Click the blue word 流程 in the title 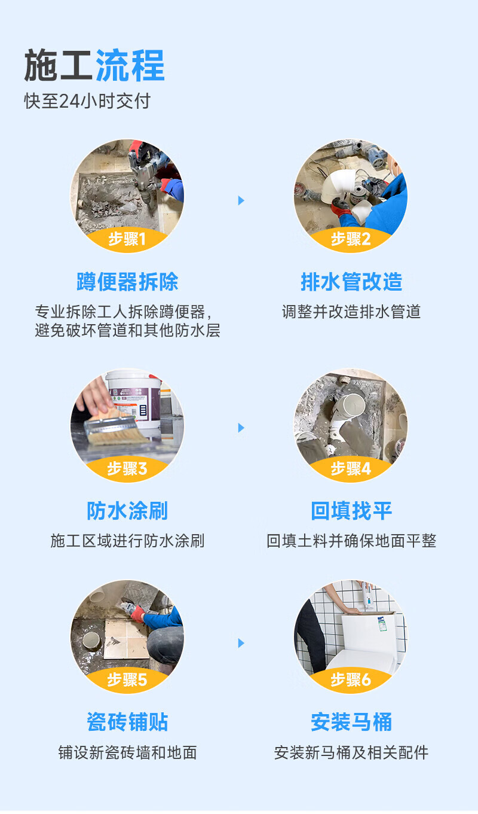tap(130, 66)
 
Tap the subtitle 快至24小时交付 tap(87, 101)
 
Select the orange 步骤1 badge tap(127, 239)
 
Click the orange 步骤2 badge tap(351, 239)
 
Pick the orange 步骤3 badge tap(127, 468)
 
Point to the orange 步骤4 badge tap(351, 468)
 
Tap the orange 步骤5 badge tap(127, 679)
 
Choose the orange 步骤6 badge tap(351, 679)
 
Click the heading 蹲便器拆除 tap(127, 282)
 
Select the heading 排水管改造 tap(351, 282)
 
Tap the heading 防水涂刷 tap(127, 511)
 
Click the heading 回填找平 tap(351, 511)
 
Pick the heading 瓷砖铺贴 tap(127, 722)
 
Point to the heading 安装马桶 tap(351, 722)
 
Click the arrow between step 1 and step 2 tap(241, 200)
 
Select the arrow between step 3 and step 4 tap(241, 428)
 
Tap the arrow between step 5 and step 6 tap(241, 643)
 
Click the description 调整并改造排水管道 tap(351, 312)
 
